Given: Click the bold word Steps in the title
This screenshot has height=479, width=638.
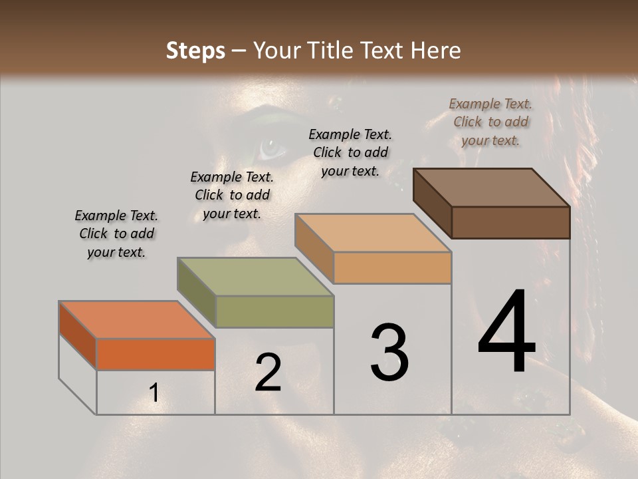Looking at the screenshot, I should click(195, 51).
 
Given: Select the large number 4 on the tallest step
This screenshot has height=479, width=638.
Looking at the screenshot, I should click(507, 333).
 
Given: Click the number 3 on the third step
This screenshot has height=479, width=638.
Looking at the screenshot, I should click(389, 353).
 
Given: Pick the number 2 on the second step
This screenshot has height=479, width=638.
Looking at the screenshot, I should click(268, 373).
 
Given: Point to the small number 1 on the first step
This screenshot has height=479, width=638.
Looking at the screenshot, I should click(154, 393).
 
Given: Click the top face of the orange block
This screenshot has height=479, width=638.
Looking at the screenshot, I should click(136, 319).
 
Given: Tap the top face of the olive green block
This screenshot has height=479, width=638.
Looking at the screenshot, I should click(256, 277).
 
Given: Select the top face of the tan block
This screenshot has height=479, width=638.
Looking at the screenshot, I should click(373, 233).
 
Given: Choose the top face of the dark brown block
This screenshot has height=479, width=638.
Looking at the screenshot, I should click(492, 188).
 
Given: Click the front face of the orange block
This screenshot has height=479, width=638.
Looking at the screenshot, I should click(156, 354).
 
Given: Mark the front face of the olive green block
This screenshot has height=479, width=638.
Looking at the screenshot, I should click(274, 311).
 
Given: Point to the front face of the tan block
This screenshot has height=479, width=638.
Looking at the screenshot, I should click(392, 268).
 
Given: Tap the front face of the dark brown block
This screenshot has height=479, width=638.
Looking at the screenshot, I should click(510, 222).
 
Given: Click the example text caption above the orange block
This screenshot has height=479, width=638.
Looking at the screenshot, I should click(116, 234).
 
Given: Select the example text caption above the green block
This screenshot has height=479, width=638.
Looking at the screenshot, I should click(232, 196).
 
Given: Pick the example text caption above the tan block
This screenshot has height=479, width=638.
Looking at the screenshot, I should click(350, 152).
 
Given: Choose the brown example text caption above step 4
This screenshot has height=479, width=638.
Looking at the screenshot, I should click(490, 122).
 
